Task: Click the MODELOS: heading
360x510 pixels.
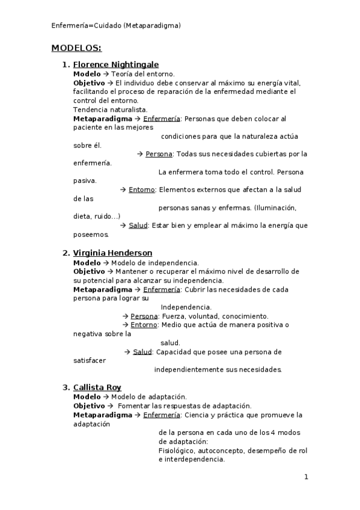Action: pyautogui.click(x=76, y=48)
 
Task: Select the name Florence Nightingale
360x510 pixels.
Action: pyautogui.click(x=115, y=64)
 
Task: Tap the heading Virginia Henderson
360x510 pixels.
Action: pyautogui.click(x=112, y=253)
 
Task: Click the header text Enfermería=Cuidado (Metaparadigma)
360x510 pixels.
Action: pyautogui.click(x=116, y=25)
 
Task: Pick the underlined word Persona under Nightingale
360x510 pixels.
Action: pyautogui.click(x=159, y=154)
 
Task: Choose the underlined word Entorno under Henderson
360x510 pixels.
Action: pyautogui.click(x=144, y=325)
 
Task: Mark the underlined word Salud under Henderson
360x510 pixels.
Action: pyautogui.click(x=142, y=352)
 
